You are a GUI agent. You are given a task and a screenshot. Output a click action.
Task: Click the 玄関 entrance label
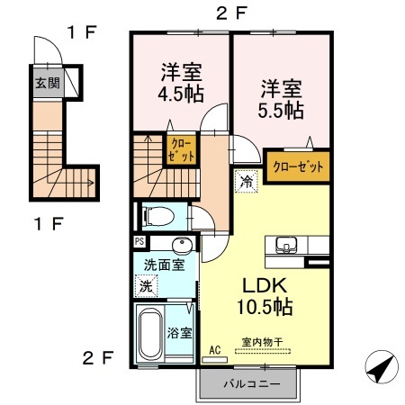48,83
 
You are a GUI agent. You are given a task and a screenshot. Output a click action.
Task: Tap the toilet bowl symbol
159,217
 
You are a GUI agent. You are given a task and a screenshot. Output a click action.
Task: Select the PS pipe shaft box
139,241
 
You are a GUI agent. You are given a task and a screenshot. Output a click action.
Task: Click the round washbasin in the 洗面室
182,245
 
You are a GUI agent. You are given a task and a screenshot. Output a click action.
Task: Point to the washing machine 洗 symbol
146,286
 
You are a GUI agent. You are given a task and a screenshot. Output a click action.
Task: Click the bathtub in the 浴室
151,334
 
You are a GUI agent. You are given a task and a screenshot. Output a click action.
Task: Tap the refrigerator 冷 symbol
247,181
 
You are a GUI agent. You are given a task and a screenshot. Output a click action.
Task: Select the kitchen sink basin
286,245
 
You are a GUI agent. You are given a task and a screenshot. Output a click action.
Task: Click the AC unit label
215,350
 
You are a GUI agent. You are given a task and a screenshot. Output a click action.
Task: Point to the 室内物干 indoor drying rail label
262,342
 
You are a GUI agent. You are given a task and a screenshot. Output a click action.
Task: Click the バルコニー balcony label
252,383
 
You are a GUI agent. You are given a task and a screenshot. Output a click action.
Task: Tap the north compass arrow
382,367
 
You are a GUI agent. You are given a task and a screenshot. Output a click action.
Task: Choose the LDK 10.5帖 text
265,296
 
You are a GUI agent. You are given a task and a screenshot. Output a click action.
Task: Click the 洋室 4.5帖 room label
181,83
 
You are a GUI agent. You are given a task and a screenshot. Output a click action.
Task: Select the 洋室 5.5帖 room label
281,99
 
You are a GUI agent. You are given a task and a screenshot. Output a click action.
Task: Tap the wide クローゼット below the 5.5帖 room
298,166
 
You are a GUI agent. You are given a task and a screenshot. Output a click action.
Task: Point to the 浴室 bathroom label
179,333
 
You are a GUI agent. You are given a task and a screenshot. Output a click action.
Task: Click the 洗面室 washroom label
164,265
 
